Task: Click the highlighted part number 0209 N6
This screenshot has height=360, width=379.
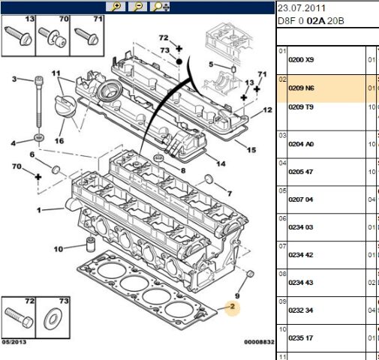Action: pos(301,88)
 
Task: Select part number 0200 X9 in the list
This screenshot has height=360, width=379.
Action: pos(301,59)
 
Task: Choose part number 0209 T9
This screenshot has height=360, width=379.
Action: pos(301,107)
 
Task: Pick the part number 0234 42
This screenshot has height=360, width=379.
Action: pos(301,255)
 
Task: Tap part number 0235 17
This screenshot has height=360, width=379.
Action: pos(301,337)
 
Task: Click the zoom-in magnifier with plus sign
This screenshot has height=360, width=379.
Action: pos(116,7)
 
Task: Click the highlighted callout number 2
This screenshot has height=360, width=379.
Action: pos(233,306)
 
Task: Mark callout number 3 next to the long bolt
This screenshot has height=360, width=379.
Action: pos(14,79)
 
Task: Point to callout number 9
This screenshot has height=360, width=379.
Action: pos(238,286)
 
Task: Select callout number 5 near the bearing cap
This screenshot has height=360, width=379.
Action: pos(212,64)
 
